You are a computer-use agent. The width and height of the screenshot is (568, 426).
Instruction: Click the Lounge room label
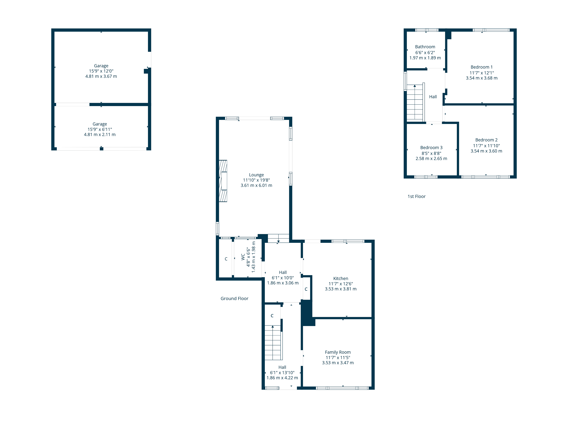click(x=256, y=175)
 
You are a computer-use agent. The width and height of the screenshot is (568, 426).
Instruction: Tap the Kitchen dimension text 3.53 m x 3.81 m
click(x=341, y=289)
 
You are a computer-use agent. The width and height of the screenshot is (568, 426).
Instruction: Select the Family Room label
click(x=338, y=352)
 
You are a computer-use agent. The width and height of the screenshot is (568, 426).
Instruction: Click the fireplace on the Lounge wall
click(x=223, y=181)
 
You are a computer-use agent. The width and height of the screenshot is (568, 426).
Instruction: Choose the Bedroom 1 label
click(x=482, y=67)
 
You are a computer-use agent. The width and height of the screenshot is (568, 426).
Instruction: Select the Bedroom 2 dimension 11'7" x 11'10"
click(x=486, y=146)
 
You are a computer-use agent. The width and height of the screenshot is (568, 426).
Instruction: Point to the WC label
click(x=243, y=257)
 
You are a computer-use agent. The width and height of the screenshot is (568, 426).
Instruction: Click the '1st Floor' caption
click(x=416, y=196)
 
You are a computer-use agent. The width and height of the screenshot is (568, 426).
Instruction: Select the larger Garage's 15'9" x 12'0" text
click(x=101, y=71)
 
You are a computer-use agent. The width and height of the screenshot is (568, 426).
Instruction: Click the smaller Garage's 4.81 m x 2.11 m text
click(x=100, y=135)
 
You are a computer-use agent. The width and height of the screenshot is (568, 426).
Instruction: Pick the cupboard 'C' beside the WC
click(x=226, y=259)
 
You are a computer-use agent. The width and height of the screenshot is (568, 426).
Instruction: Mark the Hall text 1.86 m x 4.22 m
click(x=282, y=378)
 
